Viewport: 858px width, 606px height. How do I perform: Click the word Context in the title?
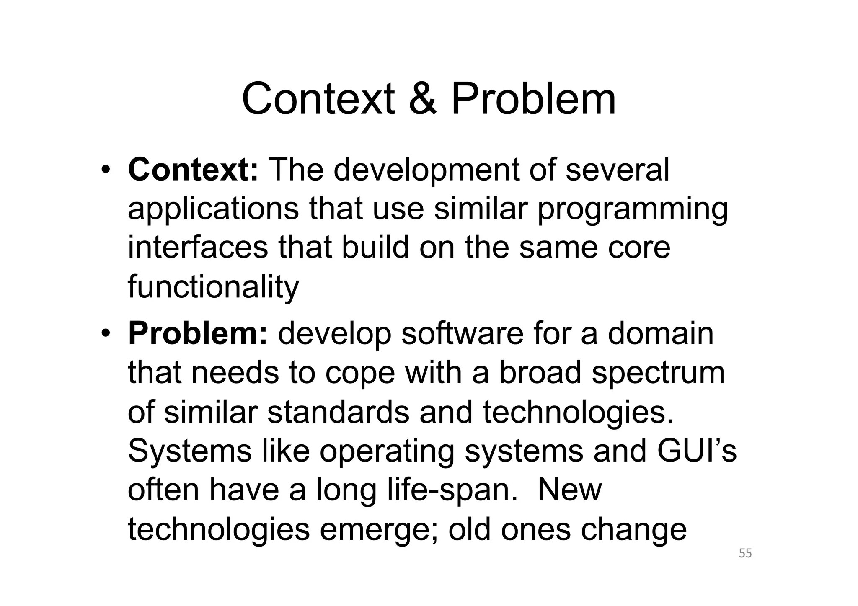318,99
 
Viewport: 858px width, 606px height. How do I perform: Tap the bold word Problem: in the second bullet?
197,333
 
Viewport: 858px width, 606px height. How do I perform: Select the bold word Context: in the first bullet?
193,170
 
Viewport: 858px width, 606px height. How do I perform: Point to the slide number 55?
745,553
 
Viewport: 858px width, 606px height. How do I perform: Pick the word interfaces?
197,248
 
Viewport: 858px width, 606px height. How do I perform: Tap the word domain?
660,333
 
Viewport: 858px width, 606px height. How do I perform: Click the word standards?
338,412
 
